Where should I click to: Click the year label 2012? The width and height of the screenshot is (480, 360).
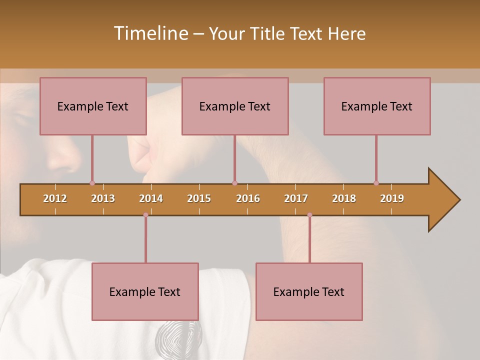[x=55, y=198]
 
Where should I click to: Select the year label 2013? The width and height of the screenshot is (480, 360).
[x=103, y=198]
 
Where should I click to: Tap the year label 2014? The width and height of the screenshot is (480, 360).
[x=151, y=198]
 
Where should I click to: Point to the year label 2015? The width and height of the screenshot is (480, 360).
[x=199, y=198]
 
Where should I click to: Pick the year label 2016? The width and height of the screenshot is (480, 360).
[x=248, y=198]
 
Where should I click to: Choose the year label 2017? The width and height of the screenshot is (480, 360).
[x=296, y=198]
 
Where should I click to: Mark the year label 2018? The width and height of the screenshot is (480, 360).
[x=344, y=198]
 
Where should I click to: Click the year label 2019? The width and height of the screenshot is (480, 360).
[x=392, y=198]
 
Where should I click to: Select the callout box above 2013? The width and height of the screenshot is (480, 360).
[x=93, y=106]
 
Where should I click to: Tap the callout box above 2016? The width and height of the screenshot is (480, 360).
[x=235, y=106]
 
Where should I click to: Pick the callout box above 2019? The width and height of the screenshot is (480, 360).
[x=377, y=106]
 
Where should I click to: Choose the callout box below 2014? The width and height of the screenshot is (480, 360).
[x=145, y=291]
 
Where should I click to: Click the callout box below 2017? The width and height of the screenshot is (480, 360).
[x=309, y=291]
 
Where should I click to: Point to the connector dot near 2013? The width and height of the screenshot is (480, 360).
[x=92, y=183]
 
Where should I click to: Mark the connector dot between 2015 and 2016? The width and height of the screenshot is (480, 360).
[x=234, y=183]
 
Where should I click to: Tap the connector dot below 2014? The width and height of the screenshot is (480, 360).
[x=145, y=215]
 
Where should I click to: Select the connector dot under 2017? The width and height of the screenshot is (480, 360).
[x=309, y=215]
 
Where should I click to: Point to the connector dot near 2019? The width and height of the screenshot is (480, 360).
[x=376, y=183]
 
